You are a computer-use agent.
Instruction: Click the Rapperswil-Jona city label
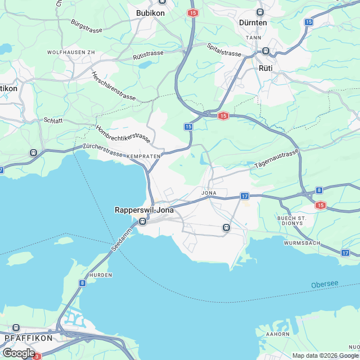coord(144,210)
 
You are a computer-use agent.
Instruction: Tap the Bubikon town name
coord(150,12)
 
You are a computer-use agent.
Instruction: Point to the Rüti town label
coord(265,67)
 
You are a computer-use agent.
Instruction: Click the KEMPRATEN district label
coord(145,155)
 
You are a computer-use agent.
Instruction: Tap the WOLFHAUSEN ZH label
coord(71,52)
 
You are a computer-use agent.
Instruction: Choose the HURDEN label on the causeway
coord(101,275)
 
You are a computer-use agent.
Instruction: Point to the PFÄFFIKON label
coord(28,338)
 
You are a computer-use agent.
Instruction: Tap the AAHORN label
coord(278,334)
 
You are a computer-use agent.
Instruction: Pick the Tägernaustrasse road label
coord(276,159)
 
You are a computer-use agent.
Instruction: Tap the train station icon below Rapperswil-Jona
coord(142,220)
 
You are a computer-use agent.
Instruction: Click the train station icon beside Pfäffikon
coord(16,327)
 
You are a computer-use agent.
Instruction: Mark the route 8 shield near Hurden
coord(82,283)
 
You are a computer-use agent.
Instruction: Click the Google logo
coord(18,353)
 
